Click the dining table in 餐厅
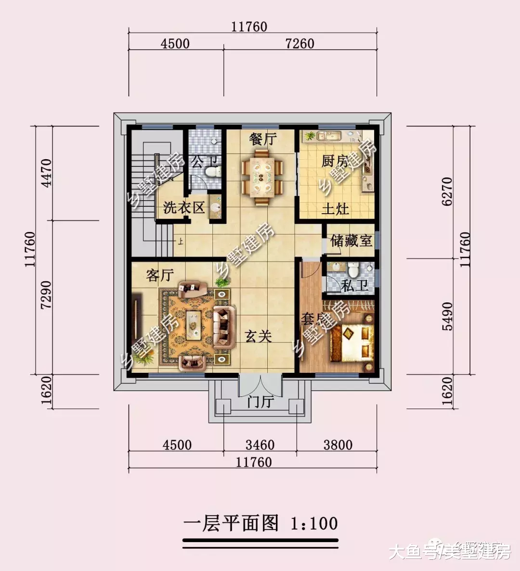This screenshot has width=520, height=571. [262, 177]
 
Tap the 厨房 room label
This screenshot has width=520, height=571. [335, 161]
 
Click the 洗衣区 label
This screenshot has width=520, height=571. [184, 208]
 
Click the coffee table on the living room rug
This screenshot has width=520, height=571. [195, 322]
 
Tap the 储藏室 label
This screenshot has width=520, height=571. [351, 241]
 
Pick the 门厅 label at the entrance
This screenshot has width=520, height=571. [260, 401]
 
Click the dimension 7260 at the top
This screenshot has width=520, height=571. [299, 43]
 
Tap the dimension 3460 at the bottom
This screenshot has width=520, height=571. [260, 444]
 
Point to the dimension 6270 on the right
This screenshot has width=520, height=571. [447, 191]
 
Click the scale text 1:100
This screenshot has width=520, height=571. [314, 523]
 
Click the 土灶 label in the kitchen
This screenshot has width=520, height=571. [335, 209]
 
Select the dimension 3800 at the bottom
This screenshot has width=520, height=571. [338, 444]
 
